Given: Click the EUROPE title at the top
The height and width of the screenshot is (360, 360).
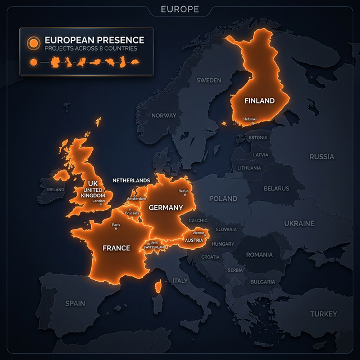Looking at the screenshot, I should tap(179, 9).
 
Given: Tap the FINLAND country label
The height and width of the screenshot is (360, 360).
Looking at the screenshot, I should tap(259, 101).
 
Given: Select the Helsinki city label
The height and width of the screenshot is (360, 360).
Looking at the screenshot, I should tap(250, 119).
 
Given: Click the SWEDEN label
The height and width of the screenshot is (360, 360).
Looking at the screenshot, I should tap(209, 80).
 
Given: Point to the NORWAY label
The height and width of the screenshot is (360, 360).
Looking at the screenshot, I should tap(164, 115).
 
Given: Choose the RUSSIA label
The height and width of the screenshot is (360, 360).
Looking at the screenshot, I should tap(322, 157).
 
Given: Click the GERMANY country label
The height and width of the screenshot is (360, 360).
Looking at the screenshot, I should tap(166, 208).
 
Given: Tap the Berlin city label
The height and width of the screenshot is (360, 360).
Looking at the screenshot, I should tap(183, 191).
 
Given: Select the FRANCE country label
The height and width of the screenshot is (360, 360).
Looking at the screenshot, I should tap(116, 247).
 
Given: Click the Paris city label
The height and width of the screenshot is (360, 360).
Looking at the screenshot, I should tap(116, 225).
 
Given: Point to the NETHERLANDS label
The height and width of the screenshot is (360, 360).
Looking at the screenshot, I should tap(131, 181).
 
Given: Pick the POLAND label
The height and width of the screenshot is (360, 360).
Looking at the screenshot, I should tap(223, 199).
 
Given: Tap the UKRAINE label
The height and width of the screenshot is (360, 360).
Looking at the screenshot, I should tap(299, 223).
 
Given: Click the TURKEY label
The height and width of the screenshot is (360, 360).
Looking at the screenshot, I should tap(323, 314).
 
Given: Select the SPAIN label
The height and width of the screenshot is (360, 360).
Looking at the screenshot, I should tap(75, 303).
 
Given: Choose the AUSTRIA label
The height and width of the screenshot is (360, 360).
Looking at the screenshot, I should tap(194, 240).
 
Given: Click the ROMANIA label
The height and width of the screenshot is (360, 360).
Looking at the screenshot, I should tap(259, 255).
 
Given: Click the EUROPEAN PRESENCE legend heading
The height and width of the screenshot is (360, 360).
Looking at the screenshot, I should tap(94, 40).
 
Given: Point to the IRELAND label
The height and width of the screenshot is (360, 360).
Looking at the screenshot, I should tap(56, 190).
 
